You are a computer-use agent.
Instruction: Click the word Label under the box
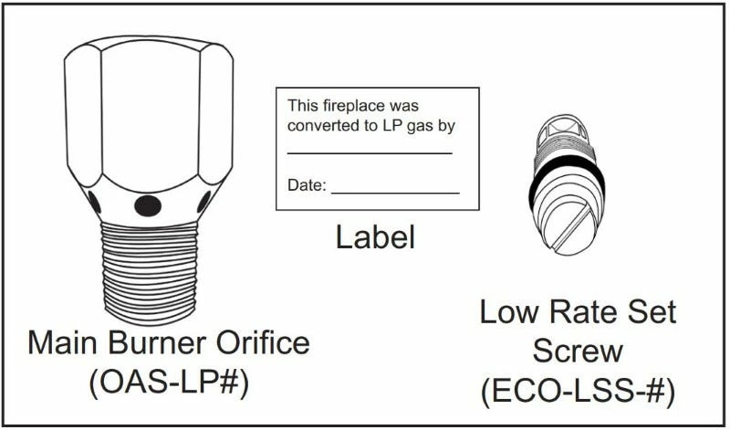point(375,237)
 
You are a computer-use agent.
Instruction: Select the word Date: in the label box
point(307,185)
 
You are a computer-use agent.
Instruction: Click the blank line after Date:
point(394,192)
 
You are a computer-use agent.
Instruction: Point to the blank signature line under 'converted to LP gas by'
point(370,152)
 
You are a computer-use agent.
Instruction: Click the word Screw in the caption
point(578,351)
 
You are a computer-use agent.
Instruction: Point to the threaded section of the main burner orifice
point(146,269)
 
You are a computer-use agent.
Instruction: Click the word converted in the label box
point(319,126)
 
